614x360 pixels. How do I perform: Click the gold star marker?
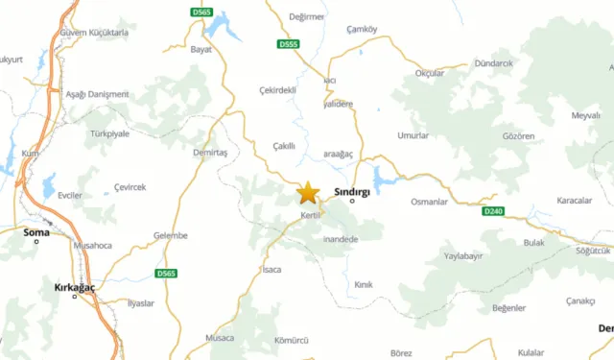click(x=308, y=193)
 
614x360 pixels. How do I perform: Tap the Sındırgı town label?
click(x=351, y=191)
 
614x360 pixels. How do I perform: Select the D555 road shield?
click(x=288, y=44)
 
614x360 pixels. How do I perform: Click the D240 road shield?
click(x=493, y=211)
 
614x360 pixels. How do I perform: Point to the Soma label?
click(x=36, y=230)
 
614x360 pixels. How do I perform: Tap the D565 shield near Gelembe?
click(x=166, y=274)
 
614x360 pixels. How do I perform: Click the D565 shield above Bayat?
click(x=201, y=12)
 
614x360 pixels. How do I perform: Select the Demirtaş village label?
click(x=209, y=153)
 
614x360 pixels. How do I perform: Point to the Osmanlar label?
click(x=429, y=202)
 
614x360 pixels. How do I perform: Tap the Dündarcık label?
click(x=494, y=62)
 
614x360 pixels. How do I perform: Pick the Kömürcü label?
click(x=291, y=341)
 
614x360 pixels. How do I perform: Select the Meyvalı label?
click(x=586, y=115)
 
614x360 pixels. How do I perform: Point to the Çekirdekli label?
click(x=279, y=90)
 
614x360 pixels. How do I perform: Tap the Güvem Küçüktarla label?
click(x=93, y=32)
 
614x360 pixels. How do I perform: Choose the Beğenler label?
click(x=508, y=307)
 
